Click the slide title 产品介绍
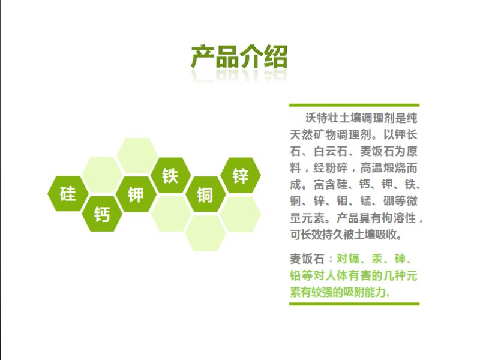coord(239,57)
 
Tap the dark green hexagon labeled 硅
coord(68,194)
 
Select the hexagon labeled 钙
coord(102,214)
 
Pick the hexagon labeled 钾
coord(136,194)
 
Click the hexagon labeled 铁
coord(170,175)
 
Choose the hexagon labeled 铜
coord(205,194)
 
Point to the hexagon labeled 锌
coord(241,175)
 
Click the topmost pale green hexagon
coord(137,156)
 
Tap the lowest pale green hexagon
coord(205,233)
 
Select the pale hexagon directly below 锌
coord(241,214)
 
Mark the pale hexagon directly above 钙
coord(102,175)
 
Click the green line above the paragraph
coord(354,106)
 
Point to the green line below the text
coord(354,304)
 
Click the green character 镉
coord(353,259)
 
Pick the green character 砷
coord(400,259)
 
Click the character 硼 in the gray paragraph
coord(389,201)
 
